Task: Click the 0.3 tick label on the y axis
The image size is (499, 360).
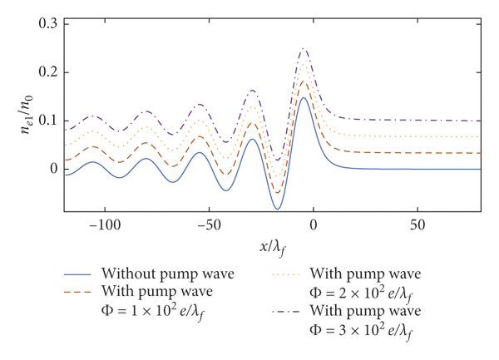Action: pyautogui.click(x=48, y=24)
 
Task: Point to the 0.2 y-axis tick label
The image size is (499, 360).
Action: pyautogui.click(x=48, y=72)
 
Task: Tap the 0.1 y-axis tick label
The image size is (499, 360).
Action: pyautogui.click(x=48, y=121)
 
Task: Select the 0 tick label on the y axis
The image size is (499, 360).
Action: pyautogui.click(x=54, y=169)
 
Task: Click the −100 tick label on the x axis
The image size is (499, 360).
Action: pyautogui.click(x=105, y=224)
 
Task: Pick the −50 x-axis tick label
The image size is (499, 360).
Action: pyautogui.click(x=209, y=224)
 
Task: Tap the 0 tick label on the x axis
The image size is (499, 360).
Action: pyautogui.click(x=314, y=224)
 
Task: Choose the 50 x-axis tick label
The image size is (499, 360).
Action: pyautogui.click(x=417, y=224)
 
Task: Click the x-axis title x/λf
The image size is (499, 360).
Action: pyautogui.click(x=273, y=248)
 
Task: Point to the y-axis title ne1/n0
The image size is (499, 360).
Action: pyautogui.click(x=27, y=115)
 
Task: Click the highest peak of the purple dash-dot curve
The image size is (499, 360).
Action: pyautogui.click(x=304, y=49)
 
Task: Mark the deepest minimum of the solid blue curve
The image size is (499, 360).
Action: pyautogui.click(x=278, y=209)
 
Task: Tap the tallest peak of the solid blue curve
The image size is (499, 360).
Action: pyautogui.click(x=304, y=97)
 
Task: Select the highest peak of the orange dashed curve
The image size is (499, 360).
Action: pyautogui.click(x=303, y=81)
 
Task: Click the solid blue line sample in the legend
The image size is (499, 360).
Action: pyautogui.click(x=77, y=274)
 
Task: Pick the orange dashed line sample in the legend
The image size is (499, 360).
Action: pyautogui.click(x=77, y=292)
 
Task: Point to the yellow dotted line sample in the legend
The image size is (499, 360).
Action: pyautogui.click(x=286, y=274)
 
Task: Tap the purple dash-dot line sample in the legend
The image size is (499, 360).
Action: pyautogui.click(x=286, y=311)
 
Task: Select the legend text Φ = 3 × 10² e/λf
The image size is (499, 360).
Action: pyautogui.click(x=362, y=331)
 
